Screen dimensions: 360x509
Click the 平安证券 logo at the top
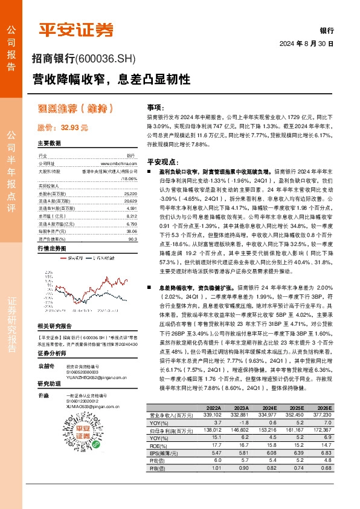76,29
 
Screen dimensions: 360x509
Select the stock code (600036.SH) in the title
106,59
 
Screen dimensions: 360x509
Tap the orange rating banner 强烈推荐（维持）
76,109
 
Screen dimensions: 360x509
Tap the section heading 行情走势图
51,248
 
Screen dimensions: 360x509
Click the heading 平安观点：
163,162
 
